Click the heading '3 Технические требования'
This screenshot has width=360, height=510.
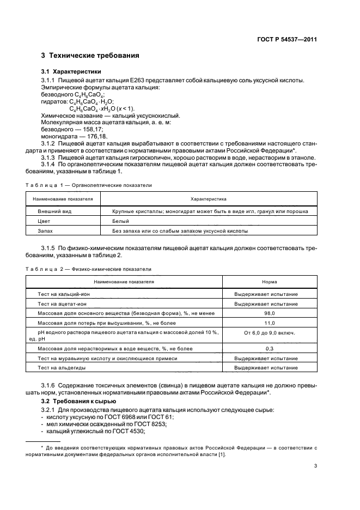tap(90, 56)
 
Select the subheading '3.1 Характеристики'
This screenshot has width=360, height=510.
tap(71, 72)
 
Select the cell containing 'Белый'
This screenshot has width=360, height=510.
tap(120, 221)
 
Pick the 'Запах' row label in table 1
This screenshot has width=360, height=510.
tap(45, 231)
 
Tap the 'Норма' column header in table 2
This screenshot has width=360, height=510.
tap(269, 282)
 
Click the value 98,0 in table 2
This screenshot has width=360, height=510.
tap(269, 314)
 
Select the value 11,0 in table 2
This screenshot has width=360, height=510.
tap(269, 324)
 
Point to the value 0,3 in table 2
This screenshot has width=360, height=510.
tap(269, 349)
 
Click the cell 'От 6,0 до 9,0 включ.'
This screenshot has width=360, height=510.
tap(269, 332)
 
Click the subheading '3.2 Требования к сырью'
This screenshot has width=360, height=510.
tap(76, 402)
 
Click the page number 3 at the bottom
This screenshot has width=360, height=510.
tap(315, 465)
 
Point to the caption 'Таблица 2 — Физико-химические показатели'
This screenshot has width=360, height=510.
tap(89, 269)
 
